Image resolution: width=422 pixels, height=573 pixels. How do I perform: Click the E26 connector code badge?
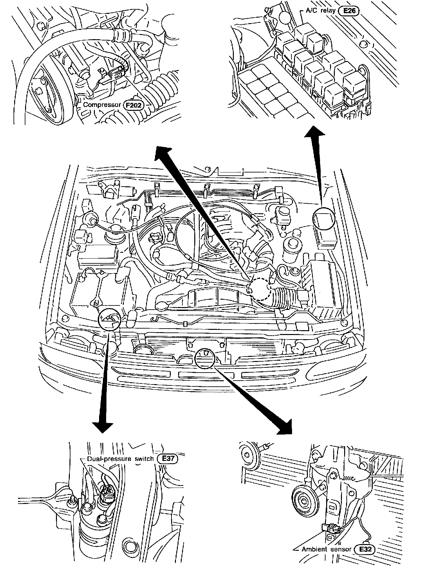pyautogui.click(x=349, y=11)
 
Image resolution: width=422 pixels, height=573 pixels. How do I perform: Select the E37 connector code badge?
pyautogui.click(x=168, y=459)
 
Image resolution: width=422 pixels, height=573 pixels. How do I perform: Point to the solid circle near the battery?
pyautogui.click(x=110, y=319)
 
